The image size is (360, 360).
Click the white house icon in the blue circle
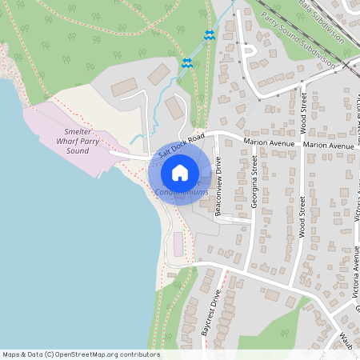click(x=180, y=172)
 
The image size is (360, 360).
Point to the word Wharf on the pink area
click(x=72, y=140)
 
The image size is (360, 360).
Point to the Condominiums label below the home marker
click(x=182, y=192)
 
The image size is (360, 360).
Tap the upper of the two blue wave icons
click(x=209, y=35)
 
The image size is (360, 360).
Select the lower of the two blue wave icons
click(x=186, y=62)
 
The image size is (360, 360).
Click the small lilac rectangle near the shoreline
click(x=178, y=245)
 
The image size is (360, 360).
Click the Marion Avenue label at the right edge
click(x=328, y=146)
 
